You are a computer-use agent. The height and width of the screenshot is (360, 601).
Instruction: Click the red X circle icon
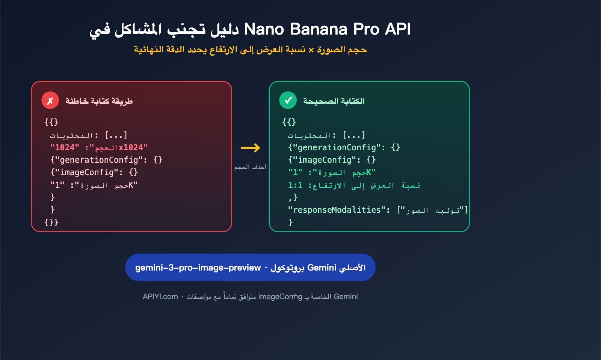click(50, 100)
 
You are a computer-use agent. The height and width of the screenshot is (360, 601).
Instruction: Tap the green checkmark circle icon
click(288, 100)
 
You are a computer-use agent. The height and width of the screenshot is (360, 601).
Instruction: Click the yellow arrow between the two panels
click(250, 148)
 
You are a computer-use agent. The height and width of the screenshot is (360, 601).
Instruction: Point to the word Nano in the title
click(264, 29)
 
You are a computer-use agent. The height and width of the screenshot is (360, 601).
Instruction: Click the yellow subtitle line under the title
click(250, 50)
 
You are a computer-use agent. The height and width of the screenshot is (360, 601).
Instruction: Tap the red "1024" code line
click(99, 148)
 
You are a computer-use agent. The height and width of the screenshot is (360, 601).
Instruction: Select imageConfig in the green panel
click(325, 160)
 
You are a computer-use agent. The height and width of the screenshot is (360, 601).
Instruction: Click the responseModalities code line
click(378, 210)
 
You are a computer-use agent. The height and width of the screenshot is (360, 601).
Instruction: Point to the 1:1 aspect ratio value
click(295, 185)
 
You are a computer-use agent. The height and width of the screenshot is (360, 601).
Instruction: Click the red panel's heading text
click(99, 101)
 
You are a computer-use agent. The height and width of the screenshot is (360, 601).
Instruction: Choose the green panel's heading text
click(334, 101)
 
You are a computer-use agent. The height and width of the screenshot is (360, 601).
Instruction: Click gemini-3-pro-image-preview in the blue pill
click(198, 268)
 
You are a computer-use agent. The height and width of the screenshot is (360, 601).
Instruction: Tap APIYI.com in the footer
click(160, 297)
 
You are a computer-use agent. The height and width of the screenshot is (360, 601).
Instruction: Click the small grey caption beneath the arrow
click(250, 167)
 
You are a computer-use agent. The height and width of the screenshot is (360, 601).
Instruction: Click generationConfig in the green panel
click(337, 148)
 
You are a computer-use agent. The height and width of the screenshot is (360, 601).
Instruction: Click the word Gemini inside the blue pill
click(322, 268)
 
